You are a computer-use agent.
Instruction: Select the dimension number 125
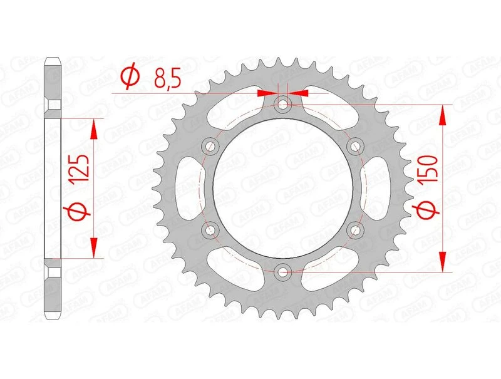tap(80, 169)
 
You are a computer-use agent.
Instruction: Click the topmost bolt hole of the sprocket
tap(283, 104)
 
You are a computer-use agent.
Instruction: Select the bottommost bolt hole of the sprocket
tap(283, 272)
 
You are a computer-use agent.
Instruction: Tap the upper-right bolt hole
tap(356, 146)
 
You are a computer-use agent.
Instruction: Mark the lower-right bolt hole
tap(356, 230)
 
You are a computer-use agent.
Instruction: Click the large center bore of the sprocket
tap(283, 188)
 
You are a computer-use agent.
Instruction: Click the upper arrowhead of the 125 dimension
tap(95, 128)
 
